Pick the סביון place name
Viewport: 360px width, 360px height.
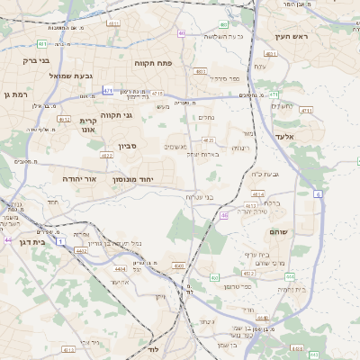(126, 145)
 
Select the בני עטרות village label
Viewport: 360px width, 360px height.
(198, 197)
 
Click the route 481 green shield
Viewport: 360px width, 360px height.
(43, 43)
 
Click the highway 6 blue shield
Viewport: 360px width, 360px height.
(317, 193)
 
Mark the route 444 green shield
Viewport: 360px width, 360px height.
(261, 317)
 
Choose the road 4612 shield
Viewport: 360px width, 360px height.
(64, 118)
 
